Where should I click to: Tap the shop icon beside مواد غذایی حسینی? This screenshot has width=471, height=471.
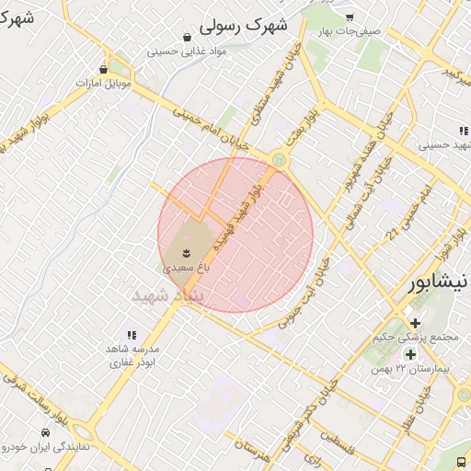click(x=188, y=38)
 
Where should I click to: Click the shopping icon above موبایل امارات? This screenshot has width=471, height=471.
click(x=102, y=69)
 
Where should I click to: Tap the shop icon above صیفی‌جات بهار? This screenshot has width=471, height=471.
click(x=350, y=17)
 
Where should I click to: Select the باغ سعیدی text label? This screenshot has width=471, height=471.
click(x=187, y=269)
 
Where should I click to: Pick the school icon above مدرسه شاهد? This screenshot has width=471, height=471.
click(x=132, y=335)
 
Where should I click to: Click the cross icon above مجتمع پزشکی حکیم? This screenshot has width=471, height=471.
click(x=416, y=323)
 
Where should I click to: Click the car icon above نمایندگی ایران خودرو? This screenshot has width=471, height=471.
click(x=45, y=432)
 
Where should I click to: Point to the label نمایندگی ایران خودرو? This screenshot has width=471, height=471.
click(x=44, y=447)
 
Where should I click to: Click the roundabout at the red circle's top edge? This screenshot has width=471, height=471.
click(x=277, y=160)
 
